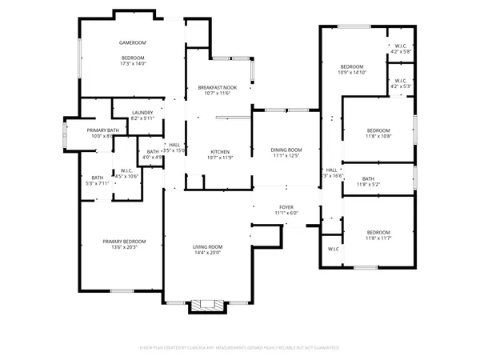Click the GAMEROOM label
click(133, 42)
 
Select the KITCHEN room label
click(220, 151)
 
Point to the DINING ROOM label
click(286, 150)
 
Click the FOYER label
click(286, 206)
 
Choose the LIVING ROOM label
click(207, 246)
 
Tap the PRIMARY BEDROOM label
click(124, 241)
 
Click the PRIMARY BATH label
click(103, 130)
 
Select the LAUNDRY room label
click(142, 113)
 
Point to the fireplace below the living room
click(207, 305)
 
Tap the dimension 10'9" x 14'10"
click(352, 72)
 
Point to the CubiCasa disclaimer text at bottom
click(239, 348)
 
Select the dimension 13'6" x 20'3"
click(124, 247)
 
